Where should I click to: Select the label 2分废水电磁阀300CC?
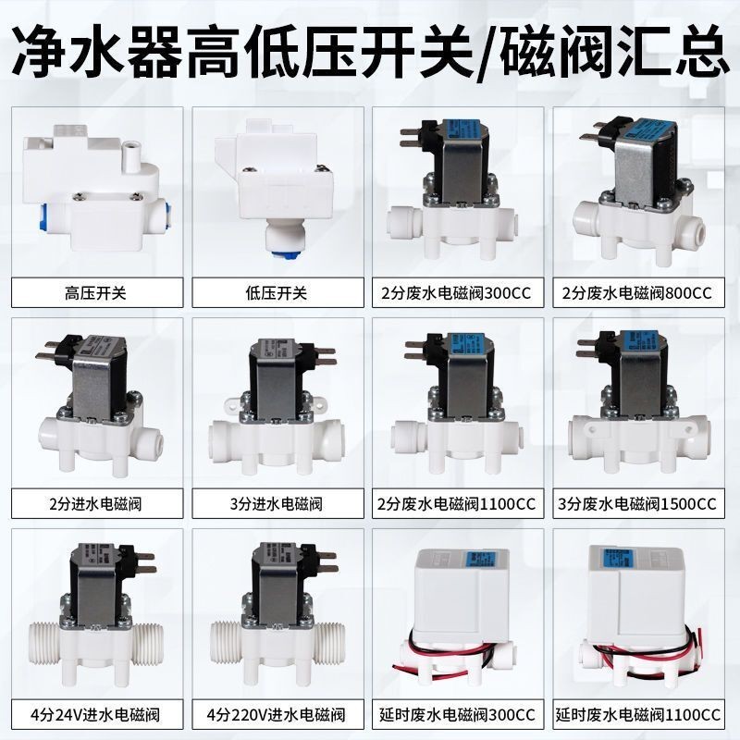pyautogui.click(x=460, y=293)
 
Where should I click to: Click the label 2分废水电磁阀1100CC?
pyautogui.click(x=460, y=504)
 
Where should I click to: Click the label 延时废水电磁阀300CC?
pyautogui.click(x=460, y=714)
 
